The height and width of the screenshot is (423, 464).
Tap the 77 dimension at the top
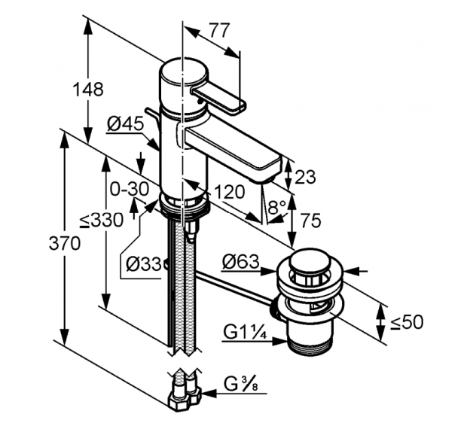(x=218, y=31)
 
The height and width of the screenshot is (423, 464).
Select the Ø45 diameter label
(x=124, y=124)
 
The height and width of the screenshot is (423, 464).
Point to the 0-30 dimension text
(x=129, y=189)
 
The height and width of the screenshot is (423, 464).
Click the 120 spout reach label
(x=228, y=192)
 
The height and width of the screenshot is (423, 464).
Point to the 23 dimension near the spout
(x=306, y=178)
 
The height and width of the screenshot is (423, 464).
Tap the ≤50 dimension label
(x=406, y=322)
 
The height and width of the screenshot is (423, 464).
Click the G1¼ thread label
(x=244, y=331)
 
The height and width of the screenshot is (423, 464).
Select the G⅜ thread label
(x=241, y=385)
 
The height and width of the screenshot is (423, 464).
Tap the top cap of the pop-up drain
(x=304, y=265)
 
